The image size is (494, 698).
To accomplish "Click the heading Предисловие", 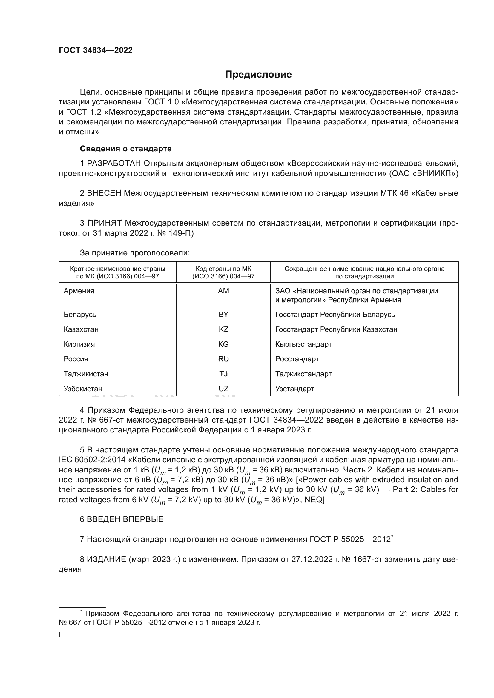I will click(x=258, y=75).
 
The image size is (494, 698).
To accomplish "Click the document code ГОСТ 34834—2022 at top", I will click(x=96, y=50).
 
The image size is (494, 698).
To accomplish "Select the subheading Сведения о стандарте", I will click(x=125, y=149).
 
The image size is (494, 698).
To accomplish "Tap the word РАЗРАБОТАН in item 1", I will click(x=114, y=164).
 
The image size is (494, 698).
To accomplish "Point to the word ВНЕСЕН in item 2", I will click(x=104, y=193).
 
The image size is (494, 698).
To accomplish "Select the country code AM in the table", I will click(x=223, y=291).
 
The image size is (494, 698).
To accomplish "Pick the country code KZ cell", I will click(x=223, y=329).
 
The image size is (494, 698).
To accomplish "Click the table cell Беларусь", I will click(x=80, y=315).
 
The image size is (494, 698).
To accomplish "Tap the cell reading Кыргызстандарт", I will click(x=303, y=344).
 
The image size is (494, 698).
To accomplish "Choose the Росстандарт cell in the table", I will click(x=297, y=359).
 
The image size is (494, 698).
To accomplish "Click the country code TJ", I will click(x=223, y=374).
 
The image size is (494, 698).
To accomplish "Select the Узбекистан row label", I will click(x=83, y=389).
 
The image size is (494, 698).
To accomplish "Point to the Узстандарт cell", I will click(x=294, y=389).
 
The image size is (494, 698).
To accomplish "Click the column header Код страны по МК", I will click(x=223, y=269).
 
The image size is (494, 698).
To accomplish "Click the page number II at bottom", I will click(x=61, y=635).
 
